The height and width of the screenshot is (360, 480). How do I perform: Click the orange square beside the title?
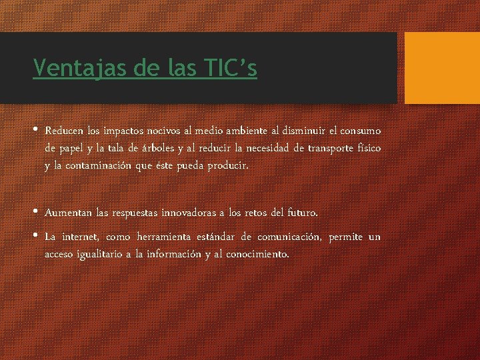click(442, 68)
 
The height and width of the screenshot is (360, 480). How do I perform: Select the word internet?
click(81, 237)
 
